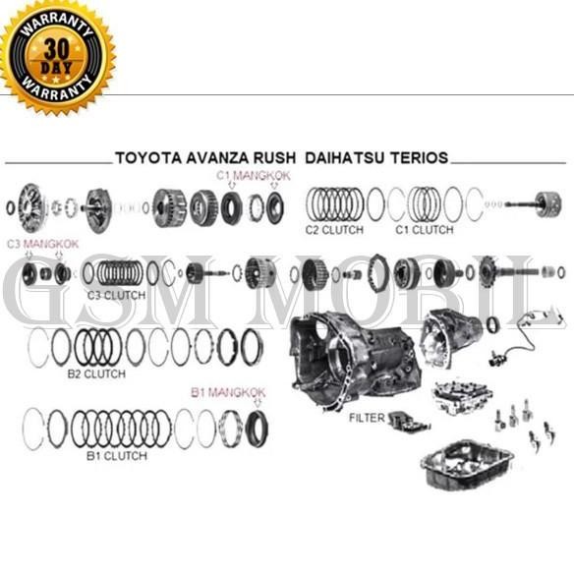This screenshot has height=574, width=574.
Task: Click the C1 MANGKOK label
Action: [x=254, y=175]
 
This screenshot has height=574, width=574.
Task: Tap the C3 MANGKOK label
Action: [x=42, y=243]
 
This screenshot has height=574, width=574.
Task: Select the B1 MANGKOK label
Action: [x=227, y=391]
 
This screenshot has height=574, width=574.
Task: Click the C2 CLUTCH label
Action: [x=334, y=230]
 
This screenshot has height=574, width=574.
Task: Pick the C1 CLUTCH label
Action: [x=424, y=230]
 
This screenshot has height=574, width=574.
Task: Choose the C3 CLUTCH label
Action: [x=116, y=294]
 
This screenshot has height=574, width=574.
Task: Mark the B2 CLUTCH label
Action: [x=95, y=373]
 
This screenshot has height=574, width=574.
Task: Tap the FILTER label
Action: [x=367, y=418]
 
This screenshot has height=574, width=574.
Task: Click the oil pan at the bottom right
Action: [x=468, y=463]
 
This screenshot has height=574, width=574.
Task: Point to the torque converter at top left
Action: [x=36, y=205]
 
